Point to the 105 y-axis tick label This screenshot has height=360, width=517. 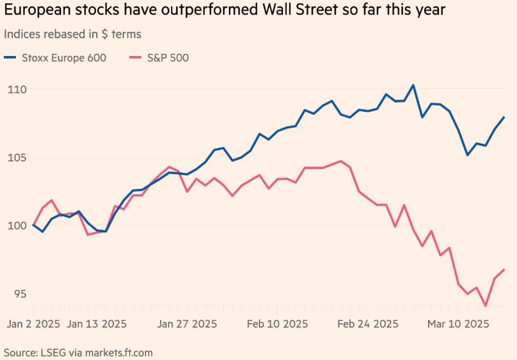coord(17,158)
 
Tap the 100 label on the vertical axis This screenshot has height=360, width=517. coord(17,226)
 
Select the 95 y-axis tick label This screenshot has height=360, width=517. coord(14,294)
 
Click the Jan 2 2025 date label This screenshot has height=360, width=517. coord(34,323)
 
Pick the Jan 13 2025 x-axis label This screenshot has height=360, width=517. coord(97,323)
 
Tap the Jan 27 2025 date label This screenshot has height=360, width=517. coord(187,323)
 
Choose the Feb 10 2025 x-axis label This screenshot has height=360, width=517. coord(277,323)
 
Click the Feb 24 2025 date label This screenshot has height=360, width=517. coord(368,323)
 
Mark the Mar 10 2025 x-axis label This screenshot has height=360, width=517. coord(458,323)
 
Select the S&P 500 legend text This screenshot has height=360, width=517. coord(167,58)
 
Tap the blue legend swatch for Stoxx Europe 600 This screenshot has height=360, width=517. coord(10,58)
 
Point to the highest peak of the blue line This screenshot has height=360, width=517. coord(413,85)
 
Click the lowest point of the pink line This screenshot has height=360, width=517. coord(486,306)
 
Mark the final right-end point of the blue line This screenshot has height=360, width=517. coord(504,117)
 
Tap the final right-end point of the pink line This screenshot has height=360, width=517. coord(504,270)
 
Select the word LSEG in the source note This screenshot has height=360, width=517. coord(55,352)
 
